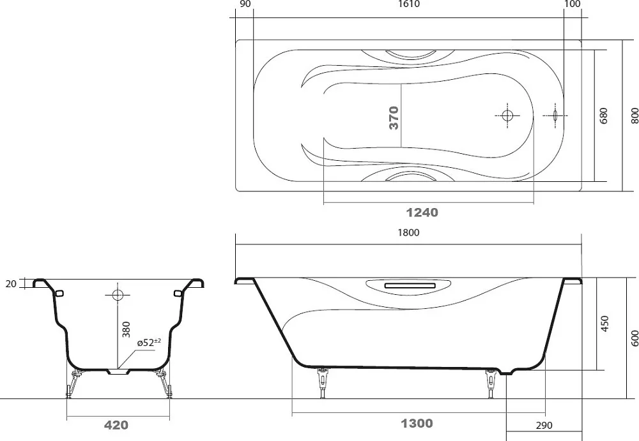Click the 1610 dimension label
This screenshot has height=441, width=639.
tap(408, 4)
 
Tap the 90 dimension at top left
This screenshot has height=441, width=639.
tap(245, 4)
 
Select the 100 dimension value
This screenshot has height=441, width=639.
tap(573, 4)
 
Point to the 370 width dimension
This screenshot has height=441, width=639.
tap(394, 117)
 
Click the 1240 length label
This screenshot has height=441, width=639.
tap(422, 213)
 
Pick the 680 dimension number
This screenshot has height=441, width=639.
tap(604, 116)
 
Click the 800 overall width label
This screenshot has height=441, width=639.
tap(635, 116)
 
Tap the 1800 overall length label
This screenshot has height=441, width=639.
tap(408, 232)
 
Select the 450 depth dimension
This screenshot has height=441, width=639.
tap(604, 324)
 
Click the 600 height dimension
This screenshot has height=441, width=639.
tap(635, 338)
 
